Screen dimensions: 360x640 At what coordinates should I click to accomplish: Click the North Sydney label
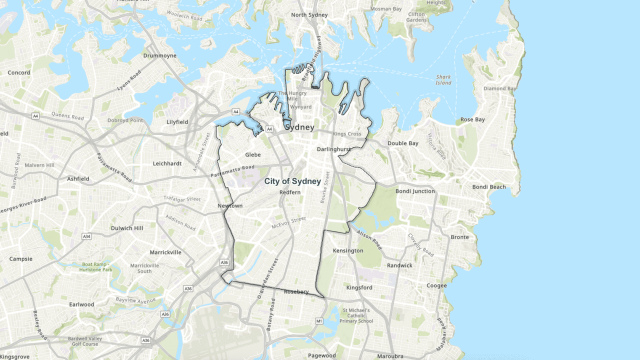[x=309, y=15]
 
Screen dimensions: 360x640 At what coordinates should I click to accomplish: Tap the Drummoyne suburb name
[x=159, y=55]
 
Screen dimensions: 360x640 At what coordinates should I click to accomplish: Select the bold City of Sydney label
[x=292, y=181]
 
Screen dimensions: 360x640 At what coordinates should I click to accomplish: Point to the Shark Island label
[x=443, y=80]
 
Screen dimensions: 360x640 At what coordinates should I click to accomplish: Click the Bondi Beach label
[x=489, y=187]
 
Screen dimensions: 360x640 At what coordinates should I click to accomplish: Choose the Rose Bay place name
[x=472, y=119]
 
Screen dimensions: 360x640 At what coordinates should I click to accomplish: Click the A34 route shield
[x=87, y=236]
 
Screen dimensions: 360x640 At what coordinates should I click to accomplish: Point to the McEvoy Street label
[x=288, y=223]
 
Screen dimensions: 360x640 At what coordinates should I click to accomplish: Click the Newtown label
[x=230, y=206]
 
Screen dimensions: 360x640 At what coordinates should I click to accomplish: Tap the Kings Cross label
[x=347, y=134]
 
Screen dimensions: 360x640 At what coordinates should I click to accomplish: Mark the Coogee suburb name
[x=436, y=286]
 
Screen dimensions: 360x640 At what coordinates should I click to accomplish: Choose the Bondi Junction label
[x=415, y=191]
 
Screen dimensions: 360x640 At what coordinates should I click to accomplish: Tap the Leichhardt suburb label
[x=167, y=163]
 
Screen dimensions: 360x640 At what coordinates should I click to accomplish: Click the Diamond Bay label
[x=499, y=88]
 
